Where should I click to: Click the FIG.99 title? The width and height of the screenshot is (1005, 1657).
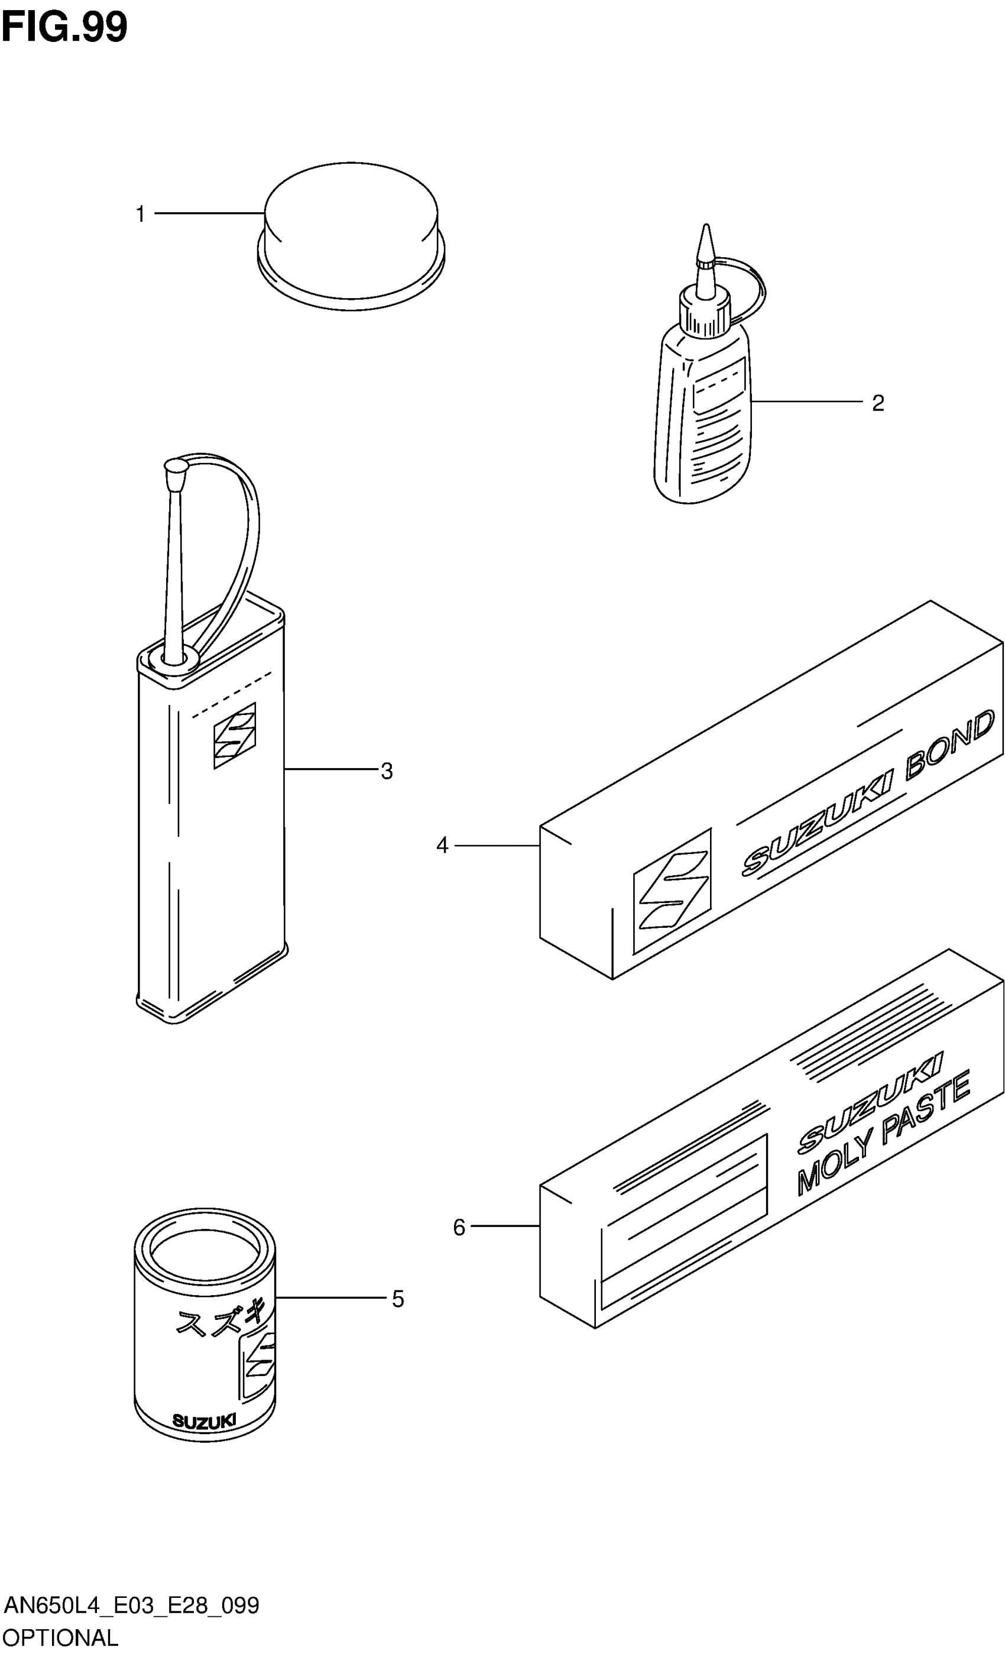(x=64, y=28)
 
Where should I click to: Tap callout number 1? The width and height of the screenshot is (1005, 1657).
(x=141, y=215)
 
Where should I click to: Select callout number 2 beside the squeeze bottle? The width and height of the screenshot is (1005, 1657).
(x=878, y=403)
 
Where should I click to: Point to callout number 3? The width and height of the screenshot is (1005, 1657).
(x=387, y=771)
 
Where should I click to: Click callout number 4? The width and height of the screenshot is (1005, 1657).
(x=442, y=845)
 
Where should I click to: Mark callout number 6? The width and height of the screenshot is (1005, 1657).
(x=459, y=1227)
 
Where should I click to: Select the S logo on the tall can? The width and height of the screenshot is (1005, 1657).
(x=235, y=736)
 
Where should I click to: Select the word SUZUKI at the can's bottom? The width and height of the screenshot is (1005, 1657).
(x=205, y=1421)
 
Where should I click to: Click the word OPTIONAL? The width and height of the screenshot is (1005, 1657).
(x=60, y=1637)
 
